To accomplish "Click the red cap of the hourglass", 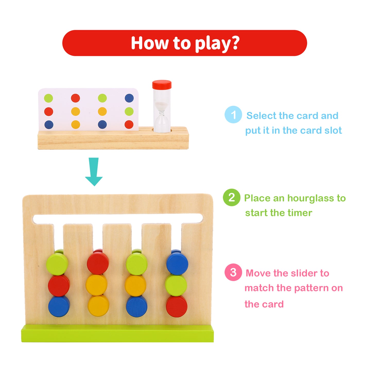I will click(162, 84).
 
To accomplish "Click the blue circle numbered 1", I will click(233, 115).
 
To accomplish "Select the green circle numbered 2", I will click(231, 197).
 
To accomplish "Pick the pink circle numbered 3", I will click(233, 272).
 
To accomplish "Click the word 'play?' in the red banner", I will click(217, 43).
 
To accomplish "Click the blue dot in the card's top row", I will click(129, 98).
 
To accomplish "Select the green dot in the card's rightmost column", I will click(129, 111).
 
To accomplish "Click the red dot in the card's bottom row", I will click(129, 125).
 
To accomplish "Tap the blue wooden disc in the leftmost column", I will click(59, 306).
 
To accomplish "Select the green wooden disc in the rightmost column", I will click(176, 285).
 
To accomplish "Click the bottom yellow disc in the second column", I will click(98, 306).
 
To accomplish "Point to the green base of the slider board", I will click(117, 334).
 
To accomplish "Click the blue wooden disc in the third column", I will click(136, 307).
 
